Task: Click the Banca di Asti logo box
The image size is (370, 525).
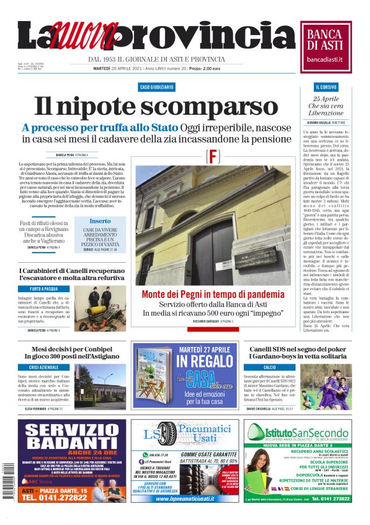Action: [326, 45]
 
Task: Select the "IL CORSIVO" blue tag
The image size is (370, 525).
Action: [326, 86]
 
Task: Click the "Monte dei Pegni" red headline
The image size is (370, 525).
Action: [213, 295]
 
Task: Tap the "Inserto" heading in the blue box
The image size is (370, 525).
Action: [100, 221]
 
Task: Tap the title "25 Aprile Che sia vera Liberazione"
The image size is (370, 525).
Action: [326, 105]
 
